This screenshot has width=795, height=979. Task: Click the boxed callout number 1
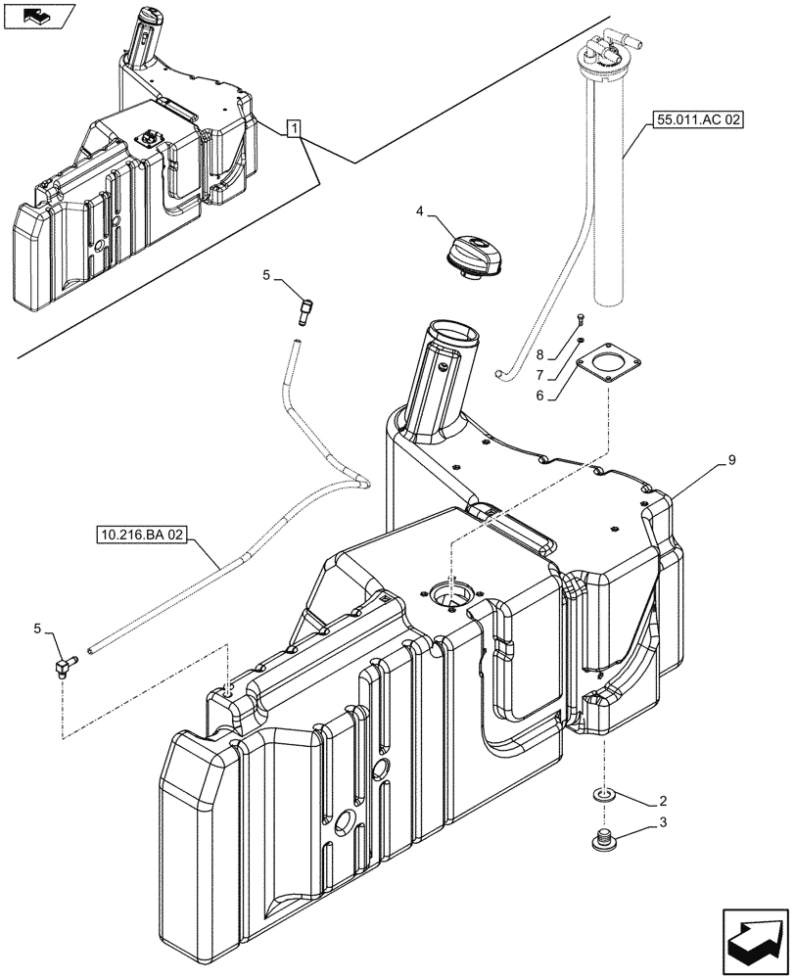[294, 128]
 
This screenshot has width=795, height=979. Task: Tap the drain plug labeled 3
[604, 839]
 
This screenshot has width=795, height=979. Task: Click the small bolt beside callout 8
[581, 317]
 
